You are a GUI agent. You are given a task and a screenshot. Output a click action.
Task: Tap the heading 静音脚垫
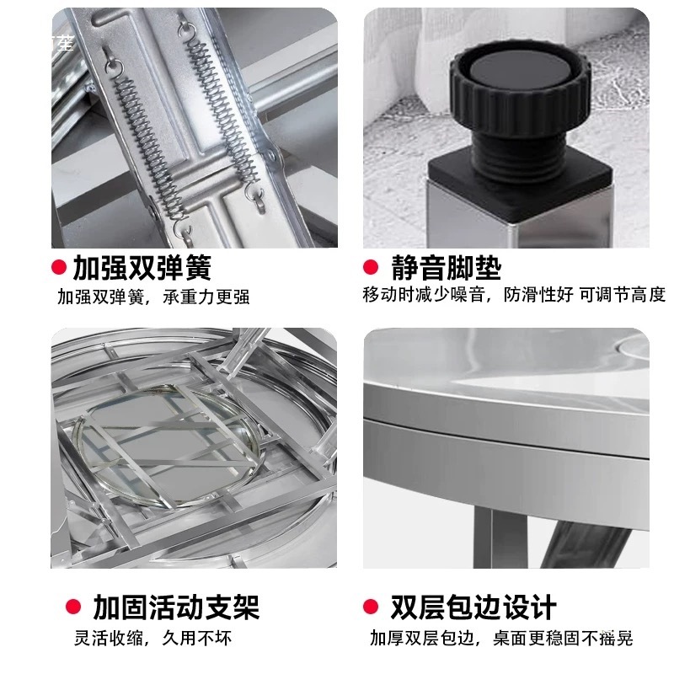(446, 268)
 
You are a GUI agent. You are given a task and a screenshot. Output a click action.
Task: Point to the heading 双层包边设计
(473, 607)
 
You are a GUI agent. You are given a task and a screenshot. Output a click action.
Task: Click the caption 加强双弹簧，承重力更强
(153, 297)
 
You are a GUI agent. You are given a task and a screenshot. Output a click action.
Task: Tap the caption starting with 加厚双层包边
(500, 638)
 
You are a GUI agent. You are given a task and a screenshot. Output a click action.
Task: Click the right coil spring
(223, 118)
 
